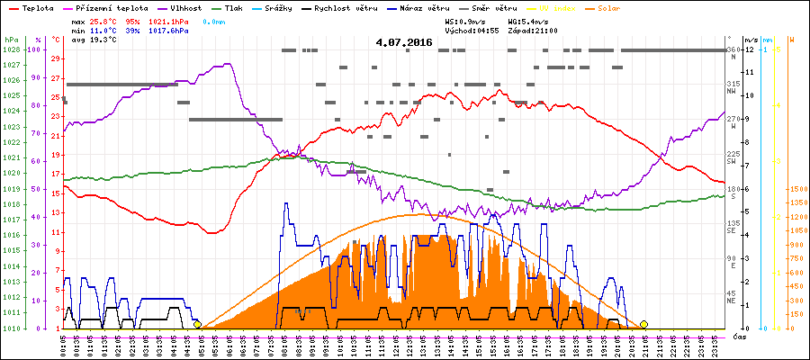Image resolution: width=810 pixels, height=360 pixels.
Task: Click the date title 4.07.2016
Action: pyautogui.click(x=404, y=41)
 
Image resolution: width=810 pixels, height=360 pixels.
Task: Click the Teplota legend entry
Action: pyautogui.click(x=37, y=7)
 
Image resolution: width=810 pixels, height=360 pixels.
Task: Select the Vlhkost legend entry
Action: pyautogui.click(x=185, y=7)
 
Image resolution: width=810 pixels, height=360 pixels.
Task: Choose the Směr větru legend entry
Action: pyautogui.click(x=493, y=7)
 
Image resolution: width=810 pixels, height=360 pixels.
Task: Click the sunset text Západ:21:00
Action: pyautogui.click(x=533, y=30)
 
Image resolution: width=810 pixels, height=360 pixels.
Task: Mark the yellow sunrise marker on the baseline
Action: pyautogui.click(x=197, y=324)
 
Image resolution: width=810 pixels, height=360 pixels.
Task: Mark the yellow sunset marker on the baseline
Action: pyautogui.click(x=643, y=324)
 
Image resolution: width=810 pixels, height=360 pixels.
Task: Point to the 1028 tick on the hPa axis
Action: pyautogui.click(x=12, y=49)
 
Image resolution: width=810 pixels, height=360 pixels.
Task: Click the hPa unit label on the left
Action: pyautogui.click(x=11, y=40)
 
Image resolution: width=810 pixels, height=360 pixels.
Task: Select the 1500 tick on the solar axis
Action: pyautogui.click(x=796, y=190)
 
